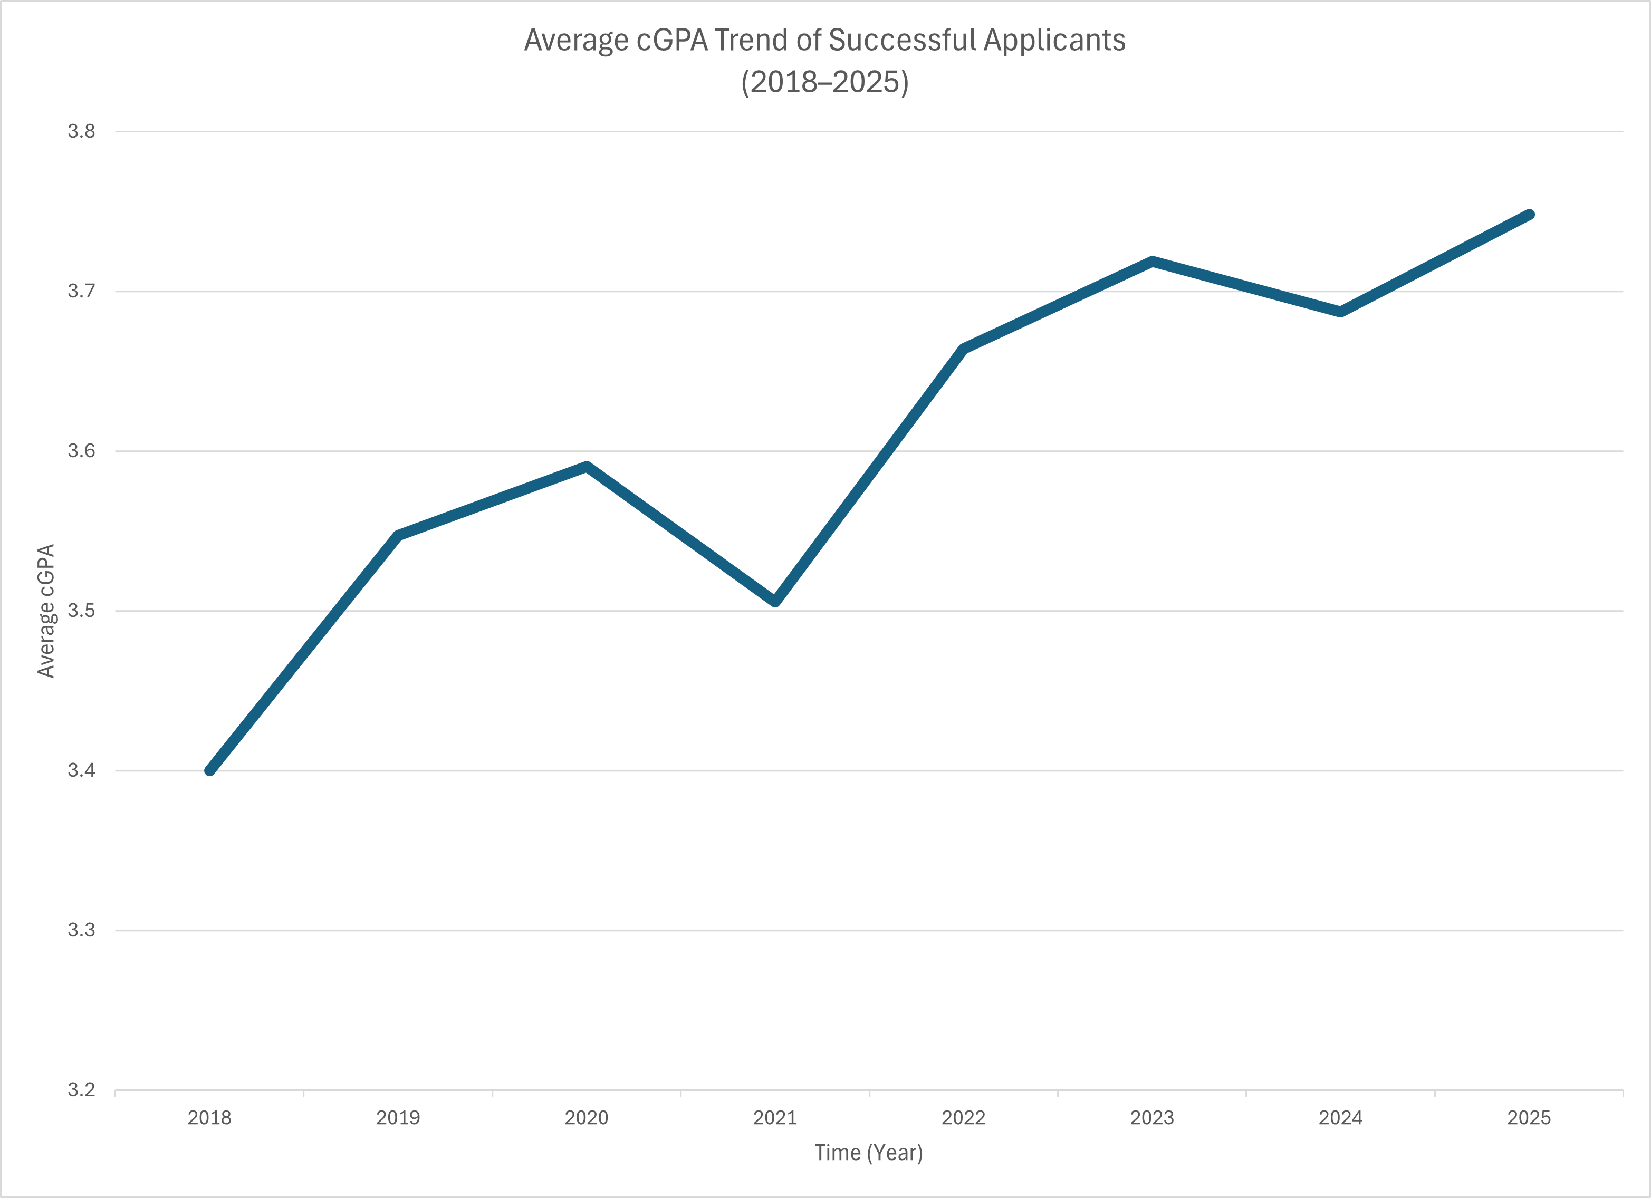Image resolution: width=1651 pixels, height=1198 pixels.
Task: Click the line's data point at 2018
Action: coord(209,770)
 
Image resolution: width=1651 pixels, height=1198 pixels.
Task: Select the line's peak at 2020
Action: coord(587,467)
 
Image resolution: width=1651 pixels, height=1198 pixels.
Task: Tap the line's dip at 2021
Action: coord(775,601)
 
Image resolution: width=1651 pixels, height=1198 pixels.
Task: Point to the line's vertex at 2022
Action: coord(964,349)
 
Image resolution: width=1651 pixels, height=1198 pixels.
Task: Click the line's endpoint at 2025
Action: coord(1530,215)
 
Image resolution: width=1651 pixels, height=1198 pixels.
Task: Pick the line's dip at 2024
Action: coord(1340,312)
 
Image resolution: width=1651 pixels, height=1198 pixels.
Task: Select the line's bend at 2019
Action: coord(398,536)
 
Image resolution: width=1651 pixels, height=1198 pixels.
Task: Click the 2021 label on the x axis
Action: coord(775,1118)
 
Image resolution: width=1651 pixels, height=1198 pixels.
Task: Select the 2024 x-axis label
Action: coord(1340,1118)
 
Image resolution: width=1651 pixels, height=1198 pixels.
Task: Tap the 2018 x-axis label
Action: coord(209,1118)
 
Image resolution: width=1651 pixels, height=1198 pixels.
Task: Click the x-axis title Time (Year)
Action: coord(868,1153)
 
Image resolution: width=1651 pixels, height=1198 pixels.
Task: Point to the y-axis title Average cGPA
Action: coord(46,611)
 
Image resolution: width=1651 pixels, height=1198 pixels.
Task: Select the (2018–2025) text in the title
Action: coord(825,82)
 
